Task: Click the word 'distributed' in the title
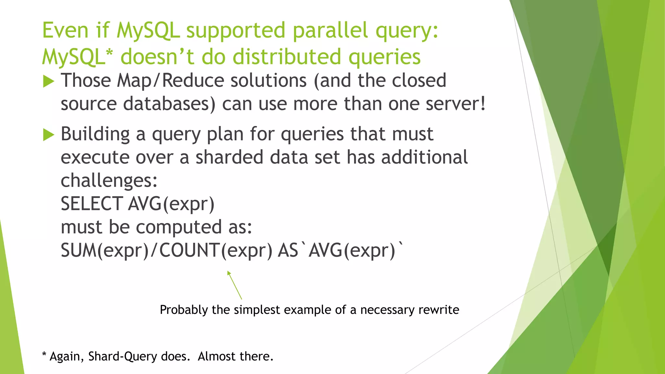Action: (287, 57)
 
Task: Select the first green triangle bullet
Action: (48, 81)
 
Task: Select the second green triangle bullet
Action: (48, 135)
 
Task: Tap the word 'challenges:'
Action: (109, 181)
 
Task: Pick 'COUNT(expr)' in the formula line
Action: (216, 251)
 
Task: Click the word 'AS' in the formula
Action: (288, 251)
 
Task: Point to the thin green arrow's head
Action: (229, 273)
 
